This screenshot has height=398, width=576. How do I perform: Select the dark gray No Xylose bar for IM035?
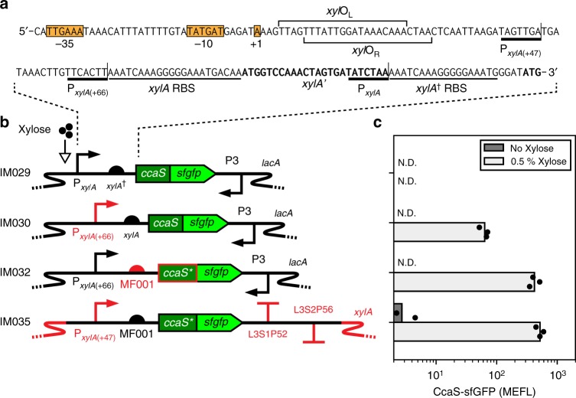pyautogui.click(x=398, y=312)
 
